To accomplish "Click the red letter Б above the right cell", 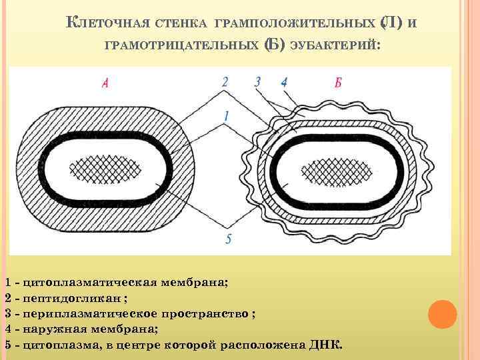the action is (339, 83).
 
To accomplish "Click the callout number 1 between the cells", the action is (227, 115).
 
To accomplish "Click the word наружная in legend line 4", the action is (53, 329).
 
